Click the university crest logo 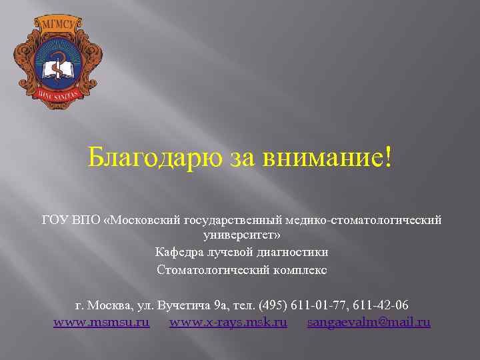coord(57,63)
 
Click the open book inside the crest coord(57,70)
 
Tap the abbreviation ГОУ coord(53,220)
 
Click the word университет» coord(241,235)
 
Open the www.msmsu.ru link coord(101,323)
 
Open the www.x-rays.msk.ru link coord(228,323)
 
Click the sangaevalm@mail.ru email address coord(369,323)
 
